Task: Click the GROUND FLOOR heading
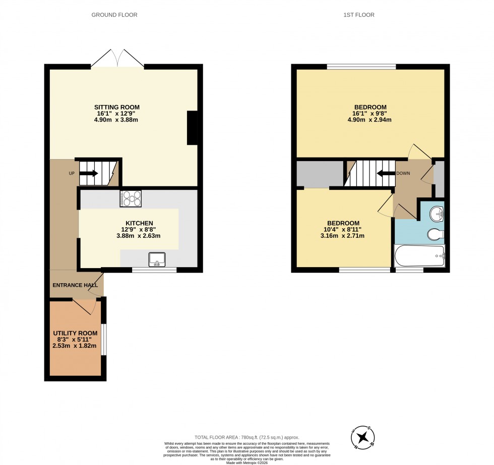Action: [x=114, y=15]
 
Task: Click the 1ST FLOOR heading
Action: [x=359, y=15]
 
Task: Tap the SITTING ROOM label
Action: [x=117, y=107]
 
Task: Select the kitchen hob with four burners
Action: [x=131, y=198]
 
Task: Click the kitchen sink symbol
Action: [x=157, y=260]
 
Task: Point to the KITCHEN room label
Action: [x=139, y=223]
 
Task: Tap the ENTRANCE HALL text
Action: [x=75, y=285]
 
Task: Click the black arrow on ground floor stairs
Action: [x=89, y=173]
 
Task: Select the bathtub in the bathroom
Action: [x=419, y=256]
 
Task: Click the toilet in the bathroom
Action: [x=434, y=234]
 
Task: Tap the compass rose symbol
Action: [x=364, y=437]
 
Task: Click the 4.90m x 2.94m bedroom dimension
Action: [x=370, y=120]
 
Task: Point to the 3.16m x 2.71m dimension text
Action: [x=343, y=236]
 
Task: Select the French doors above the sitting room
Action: [x=117, y=59]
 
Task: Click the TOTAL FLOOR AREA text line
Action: [x=246, y=437]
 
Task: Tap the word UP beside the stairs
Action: [x=72, y=173]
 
